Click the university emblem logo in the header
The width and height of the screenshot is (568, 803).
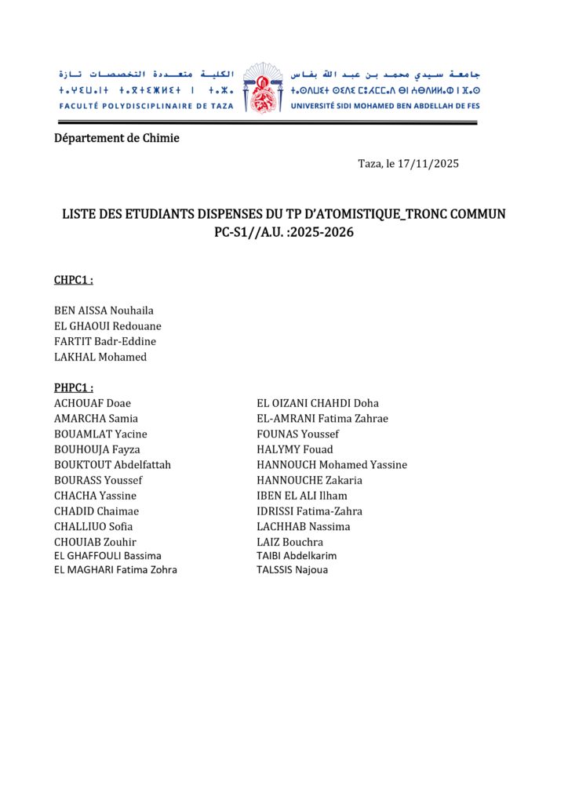(x=262, y=89)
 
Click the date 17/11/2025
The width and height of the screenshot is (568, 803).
(x=428, y=164)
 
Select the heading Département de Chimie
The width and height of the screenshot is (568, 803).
(x=117, y=138)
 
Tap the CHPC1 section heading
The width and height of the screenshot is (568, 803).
(x=74, y=280)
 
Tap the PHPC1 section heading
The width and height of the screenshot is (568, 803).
(x=74, y=387)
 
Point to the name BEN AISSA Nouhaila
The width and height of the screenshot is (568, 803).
(x=104, y=311)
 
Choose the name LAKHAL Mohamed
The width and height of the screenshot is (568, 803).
(x=100, y=357)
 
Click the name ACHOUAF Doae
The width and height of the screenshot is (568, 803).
(x=93, y=403)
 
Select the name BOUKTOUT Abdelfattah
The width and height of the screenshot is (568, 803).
(x=112, y=465)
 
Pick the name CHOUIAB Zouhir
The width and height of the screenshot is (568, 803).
(x=95, y=542)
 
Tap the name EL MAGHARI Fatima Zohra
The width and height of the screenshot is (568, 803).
(x=115, y=570)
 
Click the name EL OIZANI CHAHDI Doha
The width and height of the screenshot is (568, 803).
(x=318, y=403)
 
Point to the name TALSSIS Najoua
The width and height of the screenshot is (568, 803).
(x=293, y=570)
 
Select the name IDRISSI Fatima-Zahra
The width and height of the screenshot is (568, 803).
(x=309, y=511)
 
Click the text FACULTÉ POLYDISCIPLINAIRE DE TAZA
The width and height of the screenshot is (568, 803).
(x=146, y=106)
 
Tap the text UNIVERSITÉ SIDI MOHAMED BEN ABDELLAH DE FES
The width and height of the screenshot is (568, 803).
(x=385, y=106)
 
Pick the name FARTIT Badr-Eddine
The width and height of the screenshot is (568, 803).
(x=105, y=341)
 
